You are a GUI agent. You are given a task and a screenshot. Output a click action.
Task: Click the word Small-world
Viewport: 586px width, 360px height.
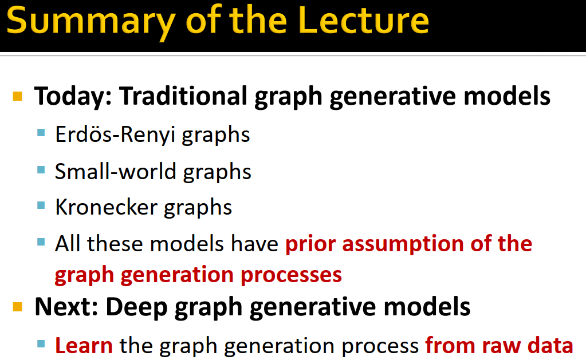click(107, 171)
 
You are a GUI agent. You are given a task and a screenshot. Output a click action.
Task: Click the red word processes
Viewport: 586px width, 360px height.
click(292, 275)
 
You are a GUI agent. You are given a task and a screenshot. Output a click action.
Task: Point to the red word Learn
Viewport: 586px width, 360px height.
click(84, 346)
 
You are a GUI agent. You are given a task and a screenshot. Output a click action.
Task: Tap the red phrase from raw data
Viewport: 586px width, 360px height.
click(499, 346)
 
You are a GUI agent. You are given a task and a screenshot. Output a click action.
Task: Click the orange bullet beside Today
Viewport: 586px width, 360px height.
click(18, 96)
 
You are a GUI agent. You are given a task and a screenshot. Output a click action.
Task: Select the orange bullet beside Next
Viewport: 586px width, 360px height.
click(18, 307)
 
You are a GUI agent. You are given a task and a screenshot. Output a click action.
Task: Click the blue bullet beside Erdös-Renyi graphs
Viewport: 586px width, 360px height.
click(41, 133)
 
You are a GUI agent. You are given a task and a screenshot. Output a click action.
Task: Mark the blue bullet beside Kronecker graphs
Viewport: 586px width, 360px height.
click(41, 206)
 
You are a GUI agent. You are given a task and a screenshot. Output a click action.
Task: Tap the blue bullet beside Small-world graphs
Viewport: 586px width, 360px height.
click(41, 170)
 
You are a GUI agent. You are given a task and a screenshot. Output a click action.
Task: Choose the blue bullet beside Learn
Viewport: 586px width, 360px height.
click(41, 345)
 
